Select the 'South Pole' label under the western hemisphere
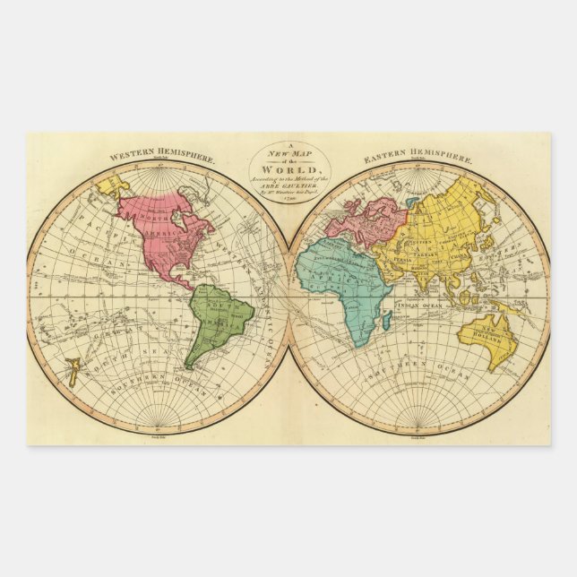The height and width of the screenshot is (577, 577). [159, 436]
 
